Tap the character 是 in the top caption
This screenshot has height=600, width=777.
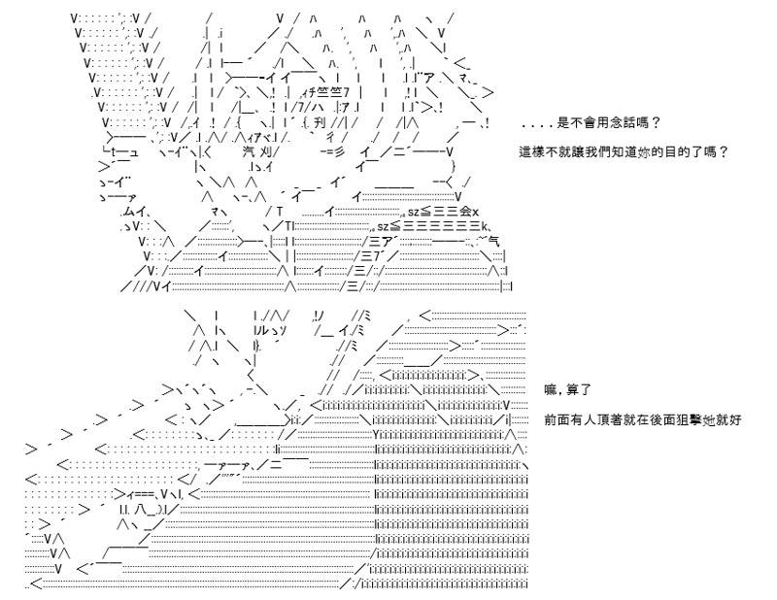564,122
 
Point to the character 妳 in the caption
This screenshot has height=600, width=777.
644,151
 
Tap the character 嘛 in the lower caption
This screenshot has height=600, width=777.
551,390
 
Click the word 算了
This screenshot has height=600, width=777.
579,390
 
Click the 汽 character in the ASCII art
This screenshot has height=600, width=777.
250,151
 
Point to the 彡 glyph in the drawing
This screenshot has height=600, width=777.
338,151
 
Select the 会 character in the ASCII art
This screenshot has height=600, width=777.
465,212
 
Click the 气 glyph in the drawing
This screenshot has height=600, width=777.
493,242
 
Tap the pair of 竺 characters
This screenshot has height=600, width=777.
331,92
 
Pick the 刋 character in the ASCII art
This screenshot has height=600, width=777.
321,122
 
